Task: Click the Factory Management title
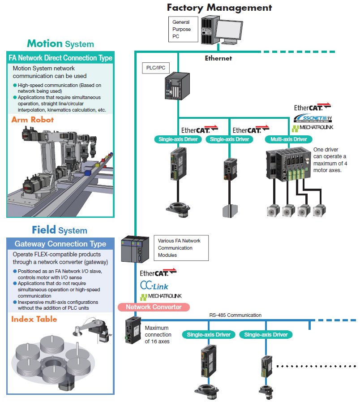[x=219, y=7]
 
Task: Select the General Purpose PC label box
[x=181, y=29]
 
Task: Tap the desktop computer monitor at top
[x=227, y=30]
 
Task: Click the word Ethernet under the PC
[x=218, y=58]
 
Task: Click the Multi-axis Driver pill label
[x=288, y=139]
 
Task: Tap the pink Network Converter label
[x=154, y=307]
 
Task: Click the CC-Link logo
[x=154, y=285]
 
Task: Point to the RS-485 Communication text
[x=235, y=315]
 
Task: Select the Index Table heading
[x=34, y=319]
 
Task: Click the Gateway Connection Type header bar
[x=60, y=244]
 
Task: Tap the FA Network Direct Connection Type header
[x=60, y=58]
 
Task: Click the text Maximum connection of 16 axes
[x=158, y=335]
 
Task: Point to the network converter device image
[x=132, y=329]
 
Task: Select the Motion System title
[x=60, y=43]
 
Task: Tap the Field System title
[x=60, y=230]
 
